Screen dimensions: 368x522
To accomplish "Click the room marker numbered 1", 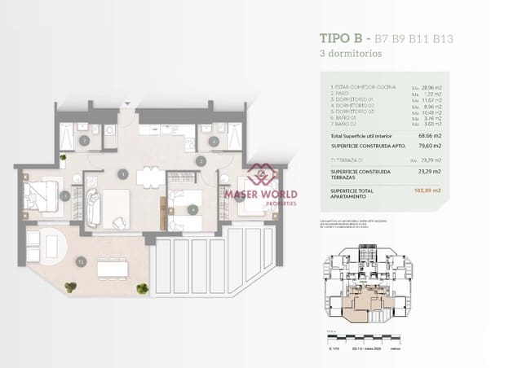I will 122,173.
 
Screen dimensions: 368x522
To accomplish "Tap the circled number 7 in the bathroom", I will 84,140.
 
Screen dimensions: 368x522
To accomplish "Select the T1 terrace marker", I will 81,261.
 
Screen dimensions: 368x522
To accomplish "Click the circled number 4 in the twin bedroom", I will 192,209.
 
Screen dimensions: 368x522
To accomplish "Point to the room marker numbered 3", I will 64,195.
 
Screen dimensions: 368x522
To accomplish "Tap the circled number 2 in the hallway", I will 200,160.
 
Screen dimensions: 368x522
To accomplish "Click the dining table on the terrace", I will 113,268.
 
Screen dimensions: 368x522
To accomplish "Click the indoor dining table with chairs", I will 148,177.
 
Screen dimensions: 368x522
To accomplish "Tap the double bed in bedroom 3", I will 41,195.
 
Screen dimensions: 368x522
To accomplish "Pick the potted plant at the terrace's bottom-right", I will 143,288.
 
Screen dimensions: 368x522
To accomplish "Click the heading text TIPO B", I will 341,38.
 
